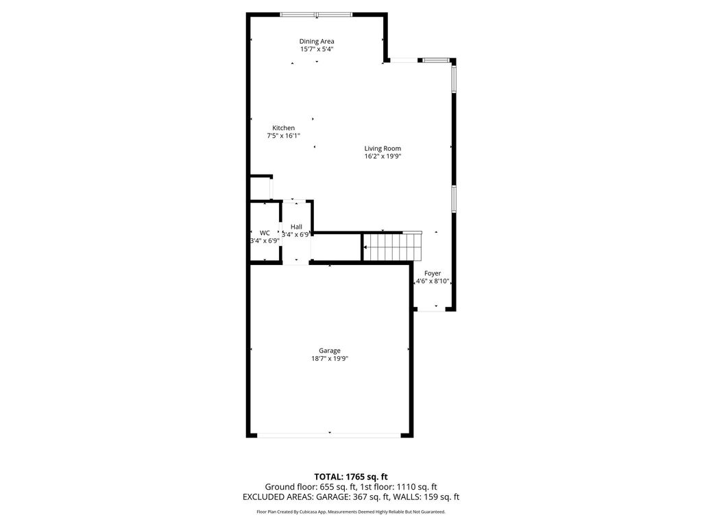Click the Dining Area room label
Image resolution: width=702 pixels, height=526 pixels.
pos(317,42)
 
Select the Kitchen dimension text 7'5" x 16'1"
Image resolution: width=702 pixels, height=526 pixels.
pos(283,136)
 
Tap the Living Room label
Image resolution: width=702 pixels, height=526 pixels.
pos(383,149)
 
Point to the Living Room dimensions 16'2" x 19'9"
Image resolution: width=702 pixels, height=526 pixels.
pos(383,156)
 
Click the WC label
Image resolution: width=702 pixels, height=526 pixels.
pos(265,233)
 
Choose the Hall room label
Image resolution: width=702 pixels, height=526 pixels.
pos(296,227)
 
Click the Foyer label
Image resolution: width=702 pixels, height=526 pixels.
pos(433,273)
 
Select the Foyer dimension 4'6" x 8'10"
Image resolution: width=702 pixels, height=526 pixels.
pos(433,281)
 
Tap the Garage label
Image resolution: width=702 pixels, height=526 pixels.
pos(330,351)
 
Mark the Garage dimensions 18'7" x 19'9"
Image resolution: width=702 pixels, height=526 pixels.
pos(330,358)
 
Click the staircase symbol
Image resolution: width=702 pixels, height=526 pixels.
pos(392,247)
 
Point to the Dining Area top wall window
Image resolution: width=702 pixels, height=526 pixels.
pos(316,15)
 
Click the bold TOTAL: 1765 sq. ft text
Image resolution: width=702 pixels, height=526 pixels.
pos(350,477)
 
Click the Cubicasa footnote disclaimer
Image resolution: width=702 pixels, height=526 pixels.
pos(350,512)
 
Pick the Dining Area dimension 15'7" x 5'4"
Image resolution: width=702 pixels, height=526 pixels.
pos(317,49)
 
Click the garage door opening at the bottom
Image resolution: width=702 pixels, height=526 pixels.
pos(329,435)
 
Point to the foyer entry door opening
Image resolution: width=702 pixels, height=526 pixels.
pos(432,309)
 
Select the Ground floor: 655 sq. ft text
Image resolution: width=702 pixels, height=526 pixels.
pos(311,487)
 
